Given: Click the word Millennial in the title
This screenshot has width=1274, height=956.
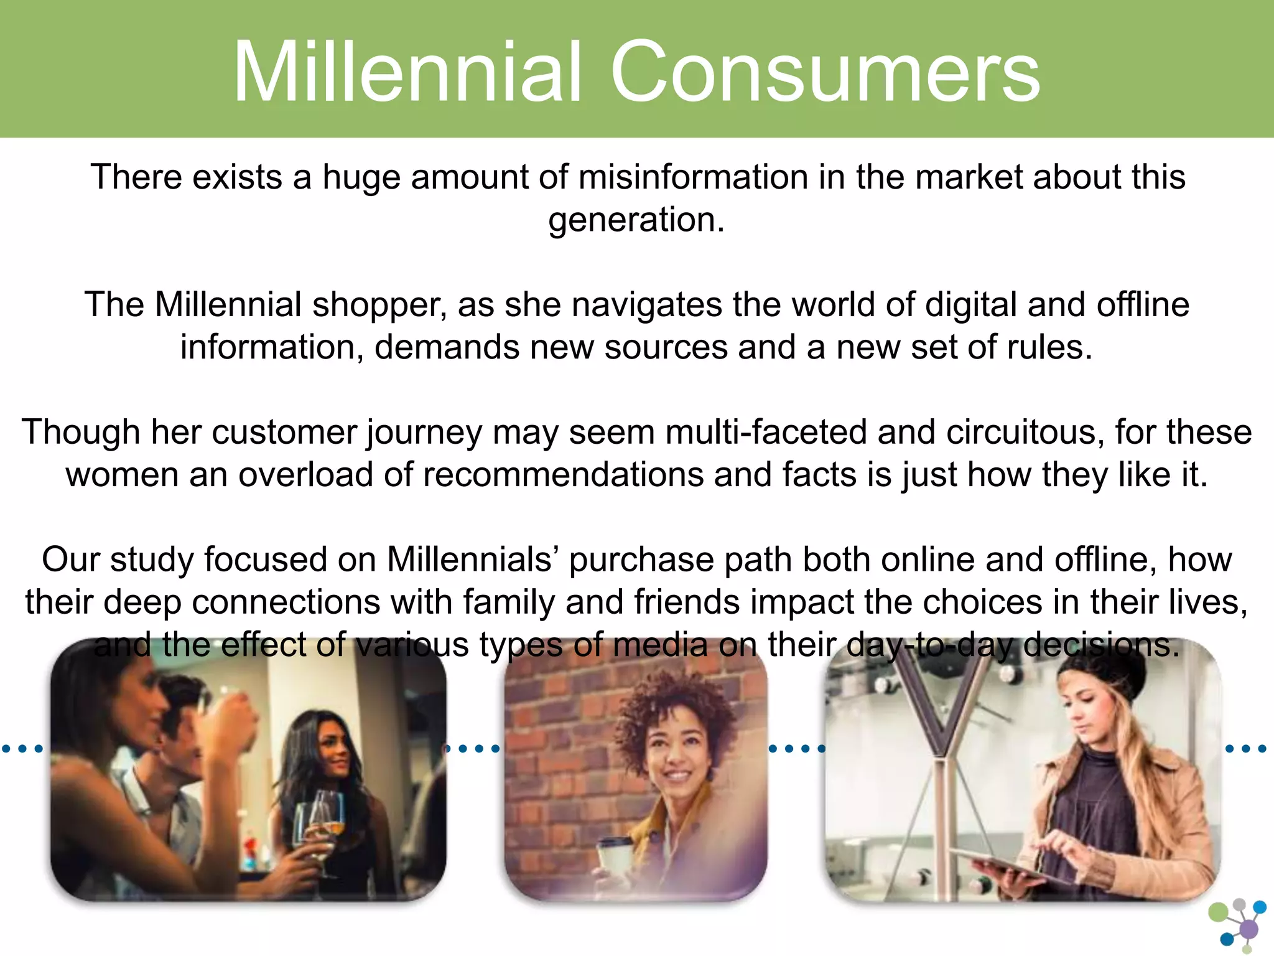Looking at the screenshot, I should (407, 72).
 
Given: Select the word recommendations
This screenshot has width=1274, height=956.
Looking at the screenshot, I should (563, 474).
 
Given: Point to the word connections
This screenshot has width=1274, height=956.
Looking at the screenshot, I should (286, 602).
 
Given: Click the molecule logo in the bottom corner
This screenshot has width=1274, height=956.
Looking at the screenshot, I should (1238, 925).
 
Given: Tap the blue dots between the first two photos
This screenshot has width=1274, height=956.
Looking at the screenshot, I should (473, 748).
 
